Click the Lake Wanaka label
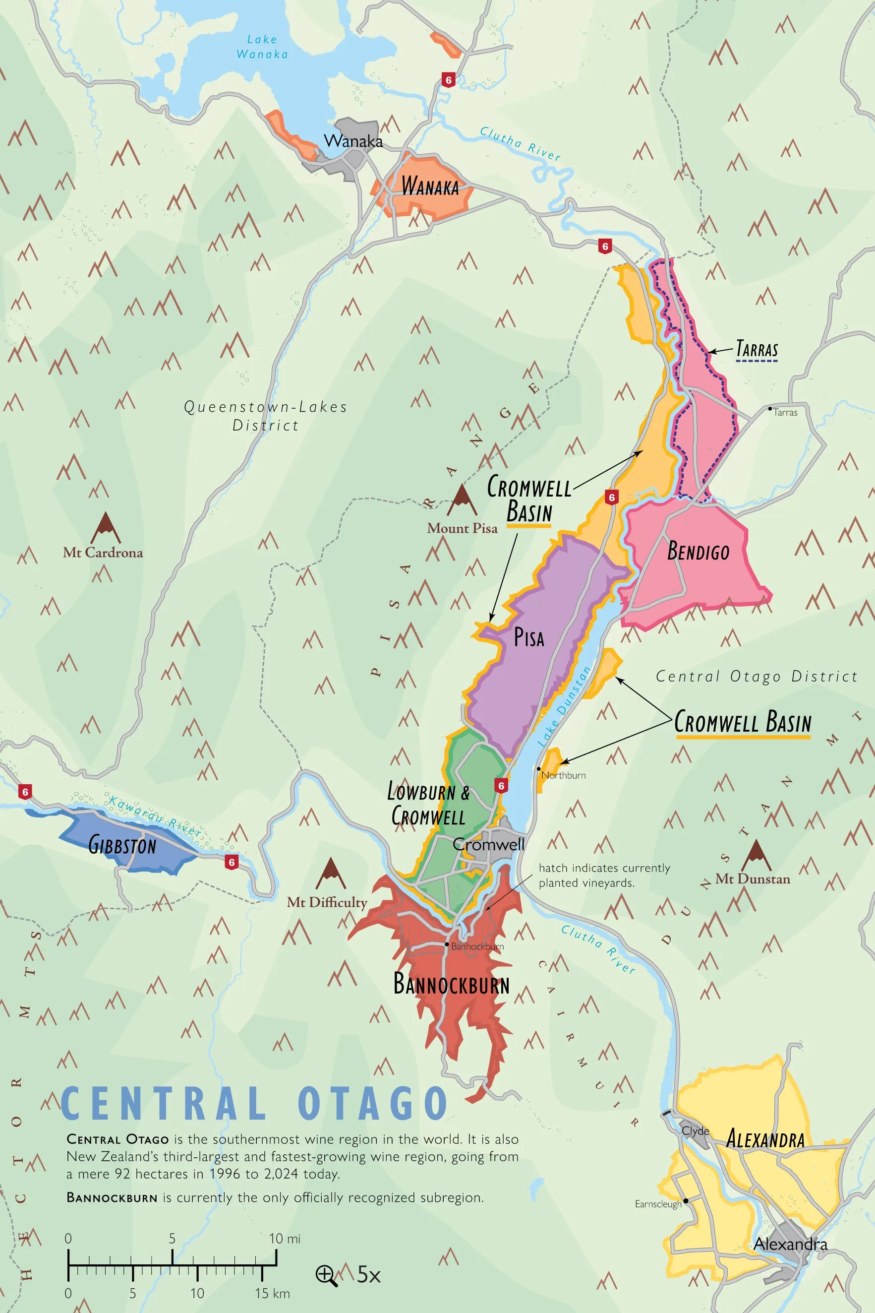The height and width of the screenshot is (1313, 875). [x=262, y=47]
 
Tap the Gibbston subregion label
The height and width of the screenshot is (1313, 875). [x=122, y=845]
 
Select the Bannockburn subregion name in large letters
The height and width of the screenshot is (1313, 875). [x=451, y=984]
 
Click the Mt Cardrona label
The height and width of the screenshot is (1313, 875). [x=103, y=553]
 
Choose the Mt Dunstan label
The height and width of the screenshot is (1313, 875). [x=752, y=878]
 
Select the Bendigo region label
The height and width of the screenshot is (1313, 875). [x=698, y=552]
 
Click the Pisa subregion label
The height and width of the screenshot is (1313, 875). [x=528, y=637]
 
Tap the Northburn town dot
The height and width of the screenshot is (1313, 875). [x=538, y=769]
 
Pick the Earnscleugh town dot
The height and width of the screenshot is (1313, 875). [x=686, y=1200]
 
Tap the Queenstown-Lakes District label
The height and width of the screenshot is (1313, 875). [x=266, y=416]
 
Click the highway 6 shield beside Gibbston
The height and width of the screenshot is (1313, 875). [x=232, y=862]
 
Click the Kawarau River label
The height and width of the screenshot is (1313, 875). [x=155, y=816]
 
